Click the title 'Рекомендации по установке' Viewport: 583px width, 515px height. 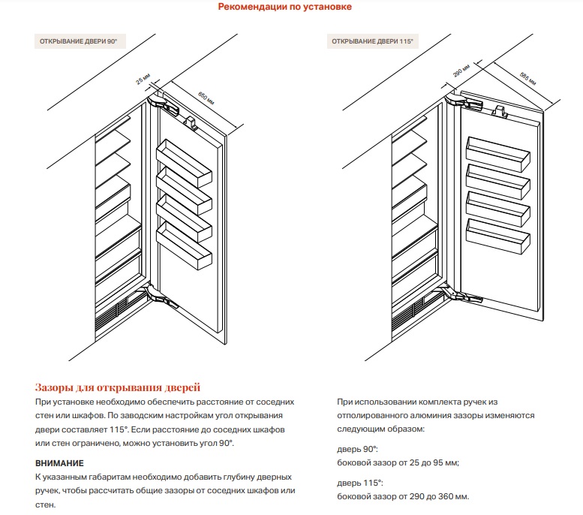click(x=284, y=8)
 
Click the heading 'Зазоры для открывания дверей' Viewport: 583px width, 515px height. click(x=118, y=388)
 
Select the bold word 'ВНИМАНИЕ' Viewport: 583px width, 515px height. click(x=59, y=463)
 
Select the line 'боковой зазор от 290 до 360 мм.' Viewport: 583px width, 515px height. click(x=404, y=497)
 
